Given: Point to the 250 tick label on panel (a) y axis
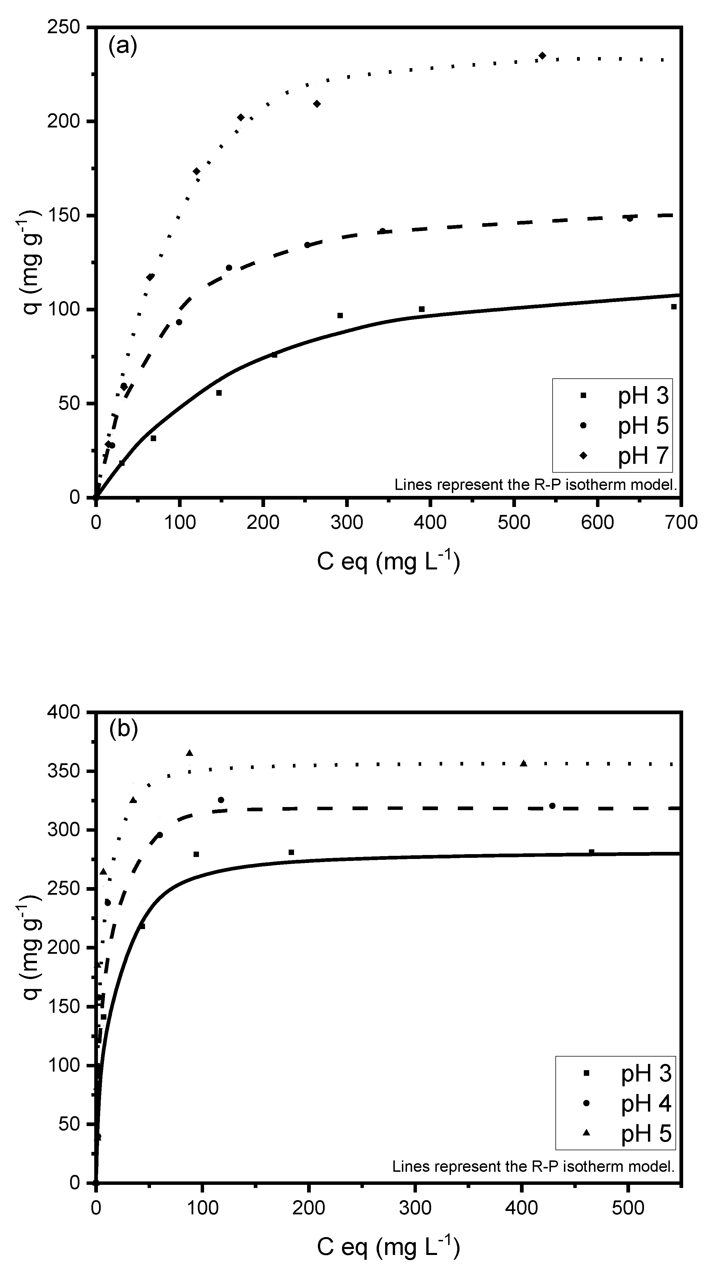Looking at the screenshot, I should (x=63, y=27).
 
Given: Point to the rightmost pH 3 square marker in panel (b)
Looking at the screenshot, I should (x=591, y=852).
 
